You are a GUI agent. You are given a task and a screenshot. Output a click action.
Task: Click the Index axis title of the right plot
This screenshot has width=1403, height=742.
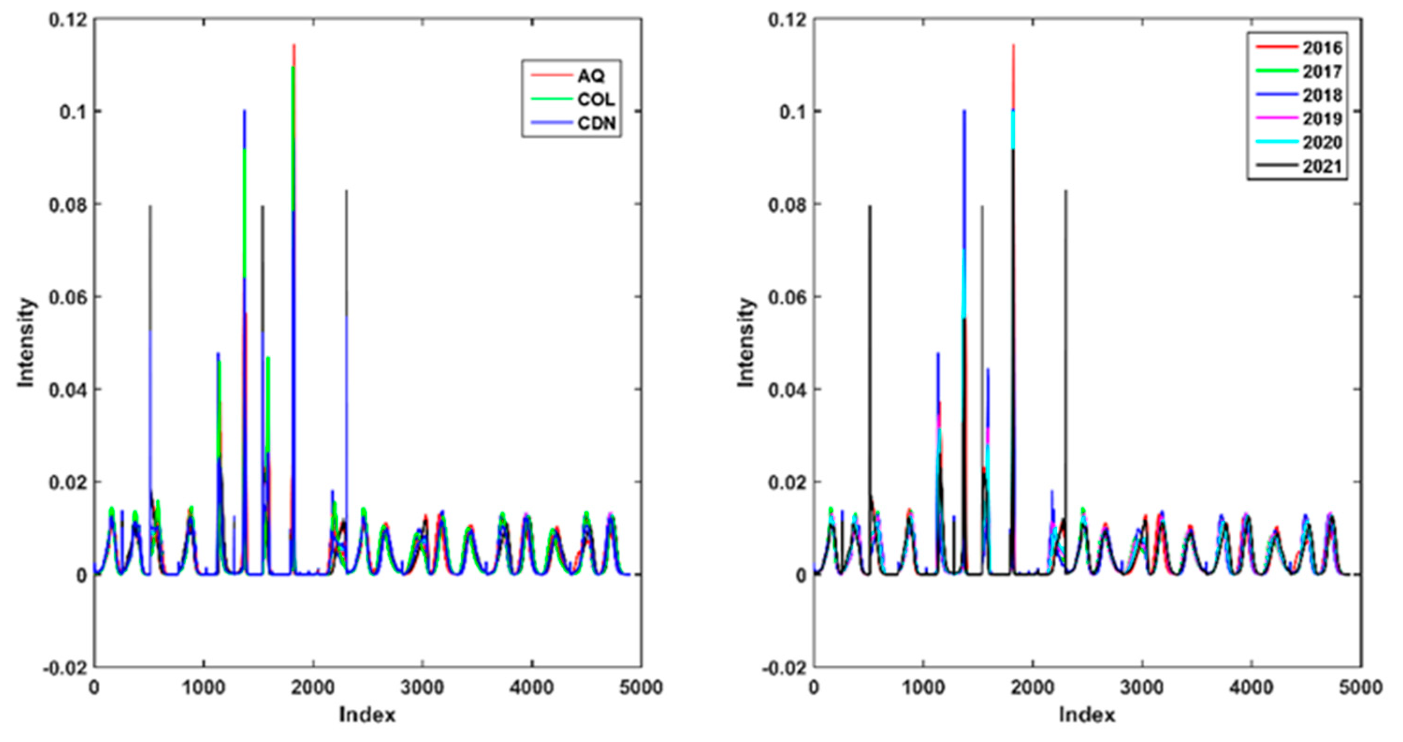(x=1087, y=715)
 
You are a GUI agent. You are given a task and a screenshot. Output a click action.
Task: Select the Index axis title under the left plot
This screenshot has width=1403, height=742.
(x=367, y=715)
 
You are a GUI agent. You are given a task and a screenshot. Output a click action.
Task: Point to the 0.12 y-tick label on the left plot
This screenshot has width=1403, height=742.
(x=67, y=20)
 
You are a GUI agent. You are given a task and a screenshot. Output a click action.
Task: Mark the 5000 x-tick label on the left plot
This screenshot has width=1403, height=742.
(x=640, y=688)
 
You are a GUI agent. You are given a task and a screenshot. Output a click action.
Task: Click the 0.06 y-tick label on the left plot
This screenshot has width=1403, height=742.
(x=67, y=298)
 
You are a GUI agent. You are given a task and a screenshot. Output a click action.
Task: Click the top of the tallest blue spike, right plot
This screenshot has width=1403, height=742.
(x=964, y=110)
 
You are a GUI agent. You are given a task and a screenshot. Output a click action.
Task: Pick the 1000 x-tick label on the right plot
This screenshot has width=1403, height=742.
(x=923, y=688)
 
